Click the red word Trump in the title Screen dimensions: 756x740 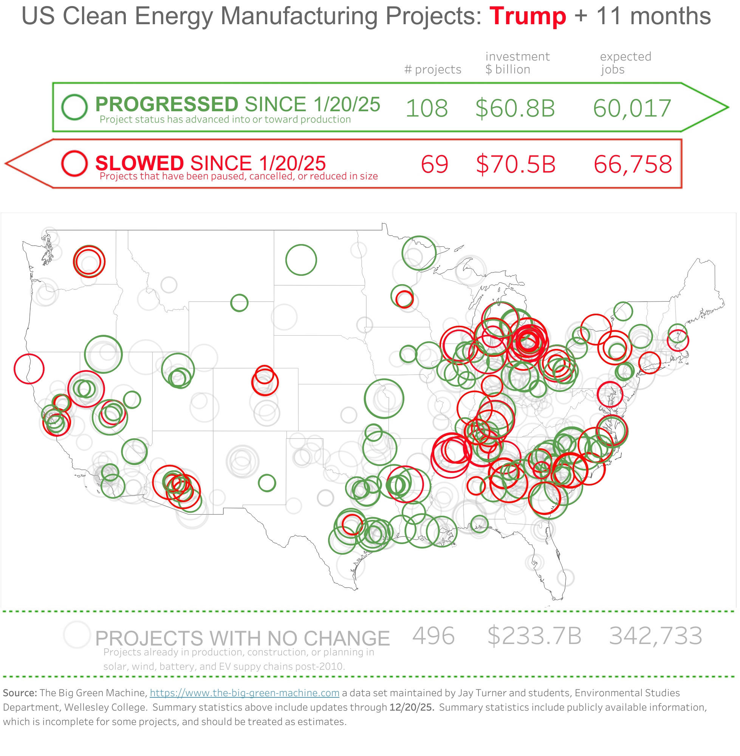point(527,16)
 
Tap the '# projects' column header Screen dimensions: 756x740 point(433,69)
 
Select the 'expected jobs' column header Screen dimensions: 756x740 point(625,63)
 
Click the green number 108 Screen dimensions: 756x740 point(426,108)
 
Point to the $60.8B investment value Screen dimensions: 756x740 point(515,108)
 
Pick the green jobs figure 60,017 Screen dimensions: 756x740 point(632,108)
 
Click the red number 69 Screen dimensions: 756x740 point(435,164)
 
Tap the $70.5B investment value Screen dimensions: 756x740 point(516,164)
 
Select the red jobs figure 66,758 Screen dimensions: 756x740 point(633,164)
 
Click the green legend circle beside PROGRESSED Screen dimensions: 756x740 point(74,107)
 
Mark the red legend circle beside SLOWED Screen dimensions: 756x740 point(74,163)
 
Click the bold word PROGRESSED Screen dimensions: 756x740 point(167,104)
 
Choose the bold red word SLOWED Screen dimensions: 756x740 point(139,163)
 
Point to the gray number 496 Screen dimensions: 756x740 point(433,636)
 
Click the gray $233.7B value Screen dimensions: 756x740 point(534,636)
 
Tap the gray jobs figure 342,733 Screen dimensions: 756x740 point(656,636)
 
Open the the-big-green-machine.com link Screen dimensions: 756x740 point(245,692)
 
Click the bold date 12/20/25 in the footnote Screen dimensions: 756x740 point(412,707)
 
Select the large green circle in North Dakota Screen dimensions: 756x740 point(301,260)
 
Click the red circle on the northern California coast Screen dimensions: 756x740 point(29,369)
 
